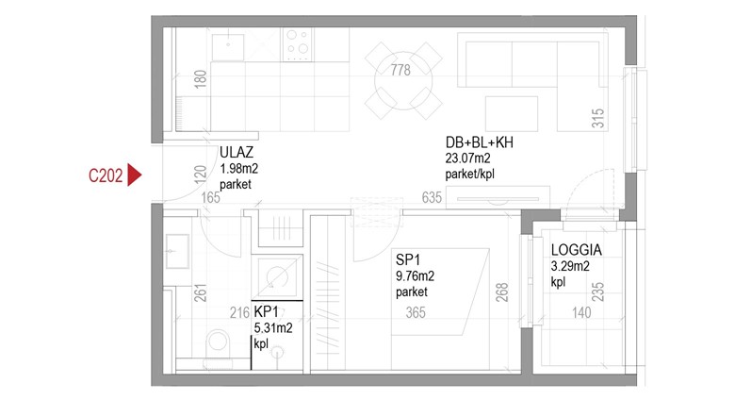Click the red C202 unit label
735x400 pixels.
point(106,175)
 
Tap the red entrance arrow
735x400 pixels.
point(135,175)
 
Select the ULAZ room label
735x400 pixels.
point(237,152)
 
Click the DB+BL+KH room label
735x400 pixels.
point(479,142)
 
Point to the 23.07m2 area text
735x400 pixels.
point(467,158)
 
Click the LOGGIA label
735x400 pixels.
point(576,250)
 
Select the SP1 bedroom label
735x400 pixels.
point(408,259)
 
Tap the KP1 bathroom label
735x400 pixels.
point(267,311)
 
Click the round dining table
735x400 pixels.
point(403,80)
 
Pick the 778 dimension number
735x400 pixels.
point(400,70)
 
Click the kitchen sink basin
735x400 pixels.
point(228,47)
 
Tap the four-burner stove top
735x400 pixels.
point(297,44)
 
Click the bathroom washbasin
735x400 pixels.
point(177,251)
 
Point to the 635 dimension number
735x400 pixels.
point(432,198)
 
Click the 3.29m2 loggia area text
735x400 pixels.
point(570,266)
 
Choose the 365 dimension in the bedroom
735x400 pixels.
point(416,312)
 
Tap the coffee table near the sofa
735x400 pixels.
point(512,113)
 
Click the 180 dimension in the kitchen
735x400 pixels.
point(200,79)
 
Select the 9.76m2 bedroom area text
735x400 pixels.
point(415,276)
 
